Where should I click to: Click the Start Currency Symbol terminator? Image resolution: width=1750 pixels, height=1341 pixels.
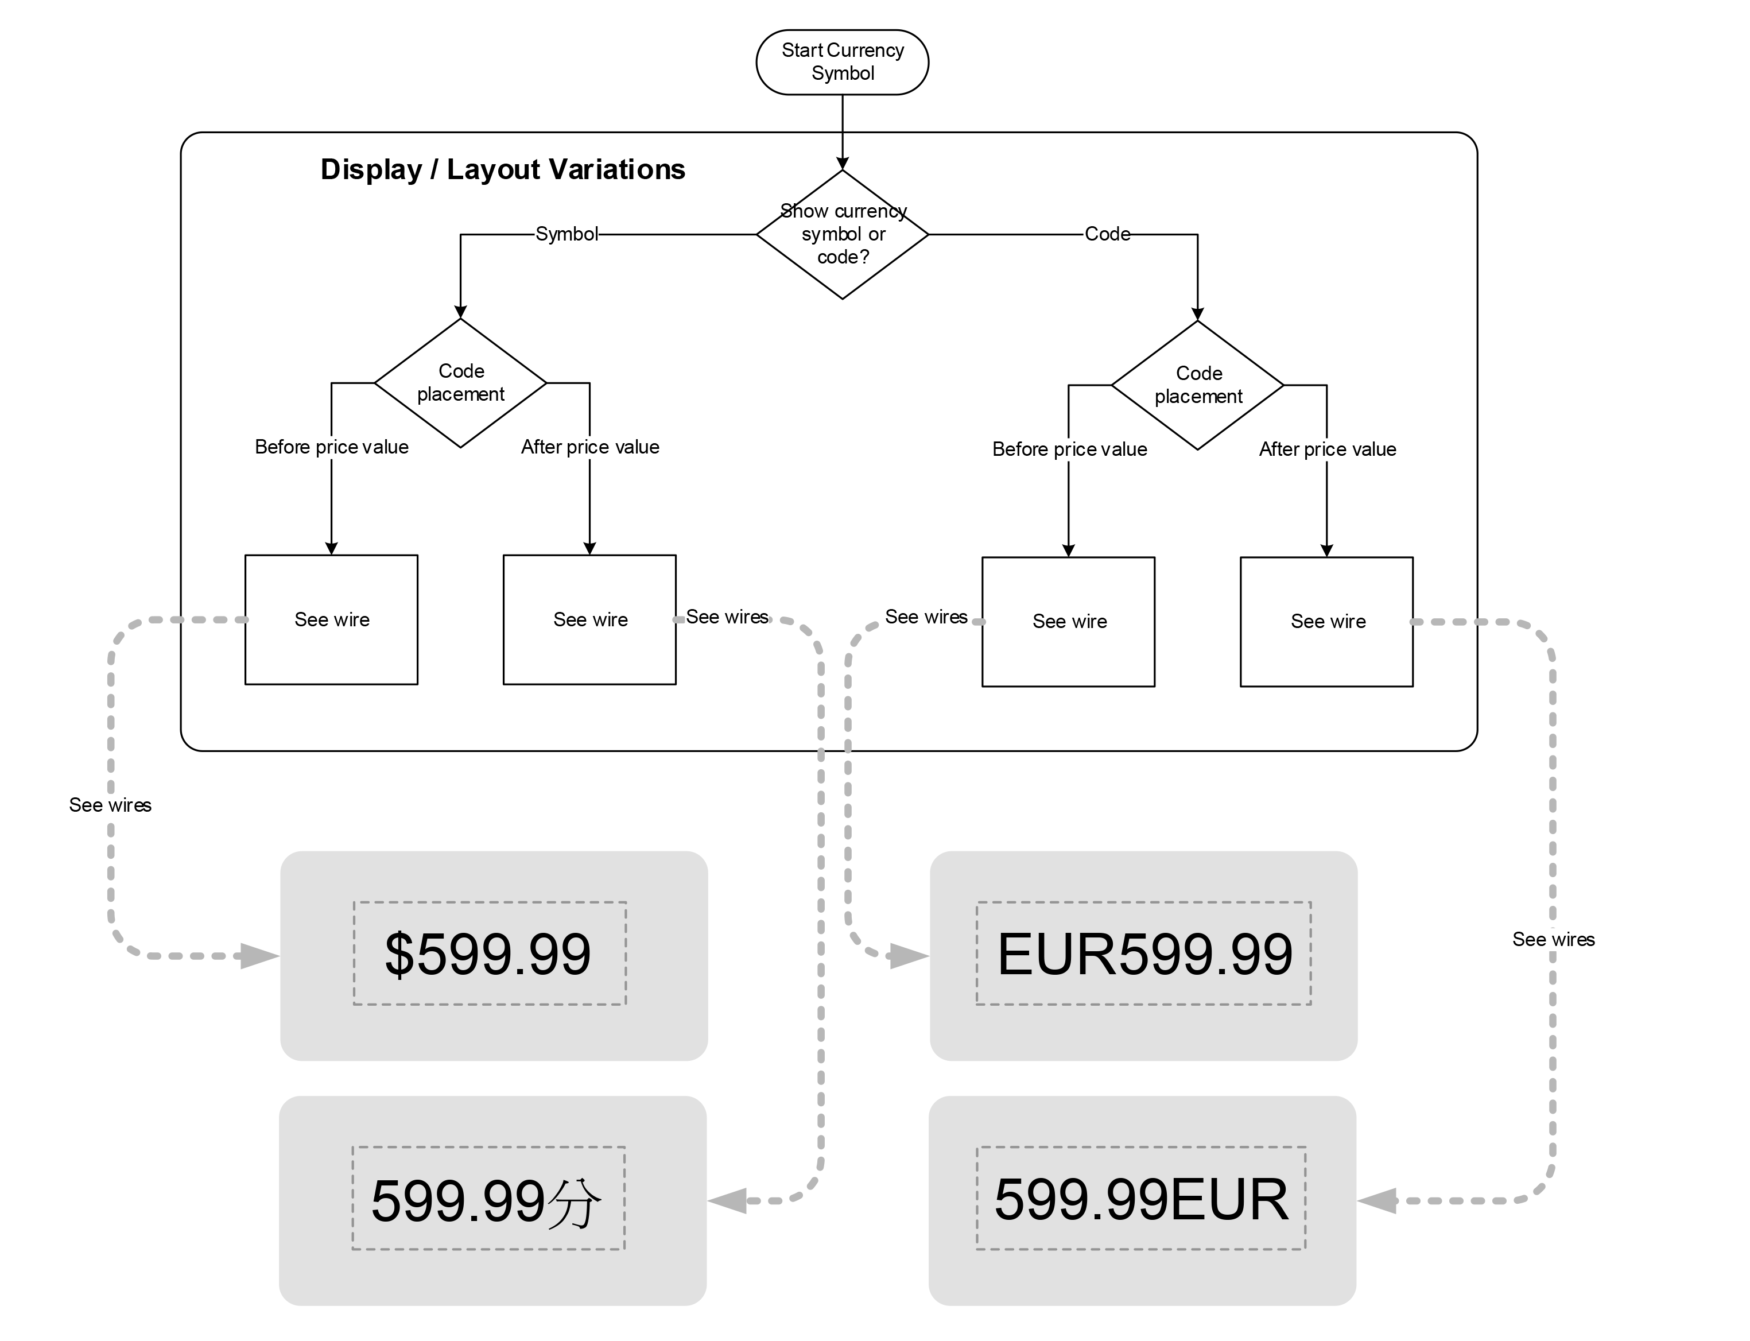pyautogui.click(x=842, y=62)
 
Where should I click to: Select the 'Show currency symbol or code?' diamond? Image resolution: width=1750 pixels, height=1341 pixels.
pyautogui.click(x=842, y=235)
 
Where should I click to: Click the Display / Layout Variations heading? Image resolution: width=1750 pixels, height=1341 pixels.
pyautogui.click(x=503, y=170)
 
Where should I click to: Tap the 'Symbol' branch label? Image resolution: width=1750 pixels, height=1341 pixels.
pyautogui.click(x=566, y=234)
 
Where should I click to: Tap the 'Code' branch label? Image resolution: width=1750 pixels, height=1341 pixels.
pyautogui.click(x=1107, y=234)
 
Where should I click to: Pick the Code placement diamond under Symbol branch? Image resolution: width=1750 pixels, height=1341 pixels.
pyautogui.click(x=460, y=383)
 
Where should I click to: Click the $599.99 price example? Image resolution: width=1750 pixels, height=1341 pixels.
pyautogui.click(x=489, y=954)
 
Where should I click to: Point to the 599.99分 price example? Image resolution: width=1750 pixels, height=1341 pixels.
pyautogui.click(x=487, y=1200)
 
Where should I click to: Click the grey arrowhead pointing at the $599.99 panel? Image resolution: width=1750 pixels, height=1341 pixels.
pyautogui.click(x=260, y=955)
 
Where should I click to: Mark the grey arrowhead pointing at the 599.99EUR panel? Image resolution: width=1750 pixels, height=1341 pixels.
pyautogui.click(x=1378, y=1200)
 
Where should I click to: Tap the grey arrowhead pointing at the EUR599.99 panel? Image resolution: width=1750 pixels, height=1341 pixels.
pyautogui.click(x=910, y=955)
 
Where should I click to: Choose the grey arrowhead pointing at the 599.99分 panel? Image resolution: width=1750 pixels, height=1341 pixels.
pyautogui.click(x=728, y=1200)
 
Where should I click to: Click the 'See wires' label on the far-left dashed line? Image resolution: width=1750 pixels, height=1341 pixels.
pyautogui.click(x=110, y=805)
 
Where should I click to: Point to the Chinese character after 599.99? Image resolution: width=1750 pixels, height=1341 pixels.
pyautogui.click(x=575, y=1202)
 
